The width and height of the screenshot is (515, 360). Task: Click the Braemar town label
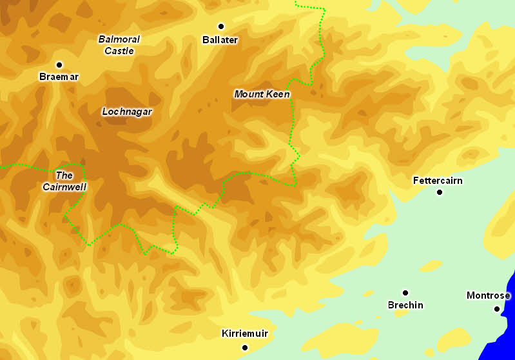click(59, 77)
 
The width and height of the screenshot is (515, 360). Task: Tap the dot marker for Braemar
click(59, 65)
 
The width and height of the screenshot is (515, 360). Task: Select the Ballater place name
click(220, 40)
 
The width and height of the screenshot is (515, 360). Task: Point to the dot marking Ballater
click(221, 26)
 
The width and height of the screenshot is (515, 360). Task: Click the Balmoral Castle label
click(119, 45)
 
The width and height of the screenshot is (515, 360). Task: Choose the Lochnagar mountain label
click(127, 112)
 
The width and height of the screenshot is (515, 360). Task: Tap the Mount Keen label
click(262, 94)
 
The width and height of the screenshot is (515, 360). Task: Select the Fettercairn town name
click(438, 181)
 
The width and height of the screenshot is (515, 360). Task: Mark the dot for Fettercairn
click(440, 192)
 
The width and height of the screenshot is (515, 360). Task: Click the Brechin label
click(405, 305)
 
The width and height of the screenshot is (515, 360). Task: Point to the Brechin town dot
click(405, 293)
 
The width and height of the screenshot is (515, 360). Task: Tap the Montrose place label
click(488, 296)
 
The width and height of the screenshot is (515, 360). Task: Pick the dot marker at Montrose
click(497, 309)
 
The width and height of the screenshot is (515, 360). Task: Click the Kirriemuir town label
click(244, 334)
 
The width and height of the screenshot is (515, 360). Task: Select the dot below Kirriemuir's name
click(245, 348)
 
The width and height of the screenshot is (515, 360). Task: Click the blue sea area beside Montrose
click(509, 323)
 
